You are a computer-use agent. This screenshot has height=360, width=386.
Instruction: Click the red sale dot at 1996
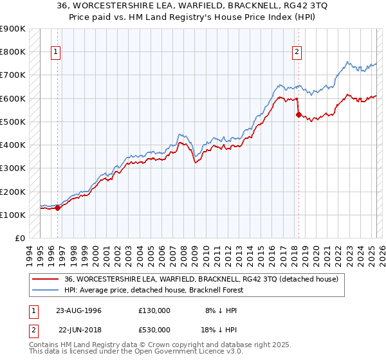(57, 208)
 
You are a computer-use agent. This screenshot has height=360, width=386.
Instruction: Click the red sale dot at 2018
(298, 114)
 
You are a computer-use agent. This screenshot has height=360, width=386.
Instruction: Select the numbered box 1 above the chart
(56, 53)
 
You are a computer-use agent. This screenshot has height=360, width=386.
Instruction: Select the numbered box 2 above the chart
(297, 53)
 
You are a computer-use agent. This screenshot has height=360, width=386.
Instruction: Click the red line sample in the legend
(46, 278)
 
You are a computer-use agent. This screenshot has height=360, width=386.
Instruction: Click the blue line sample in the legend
(46, 290)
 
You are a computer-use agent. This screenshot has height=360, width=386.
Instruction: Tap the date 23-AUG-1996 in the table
(78, 310)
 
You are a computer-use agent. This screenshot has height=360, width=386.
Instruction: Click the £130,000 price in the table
(154, 310)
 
